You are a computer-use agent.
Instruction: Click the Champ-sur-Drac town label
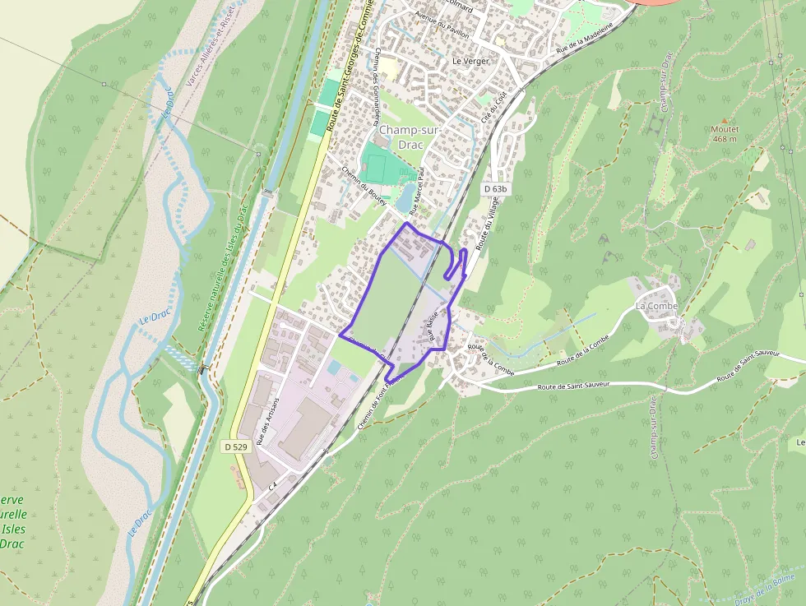(x=410, y=137)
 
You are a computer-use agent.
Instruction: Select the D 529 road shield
(x=235, y=446)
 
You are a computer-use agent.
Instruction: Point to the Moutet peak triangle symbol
(x=725, y=120)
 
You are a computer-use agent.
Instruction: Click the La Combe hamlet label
(x=656, y=306)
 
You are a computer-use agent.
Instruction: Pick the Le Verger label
(x=470, y=61)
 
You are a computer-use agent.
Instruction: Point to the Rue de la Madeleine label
(x=585, y=38)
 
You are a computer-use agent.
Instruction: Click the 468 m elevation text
(x=725, y=139)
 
